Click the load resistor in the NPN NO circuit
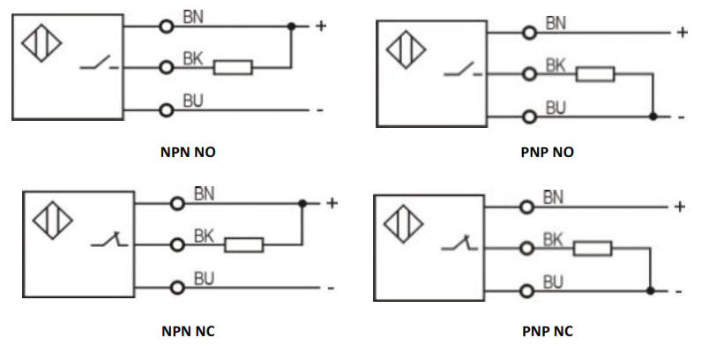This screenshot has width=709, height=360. click(234, 67)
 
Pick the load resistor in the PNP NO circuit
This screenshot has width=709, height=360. click(595, 74)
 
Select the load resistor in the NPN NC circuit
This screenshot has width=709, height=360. click(244, 244)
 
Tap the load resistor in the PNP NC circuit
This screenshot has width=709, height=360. click(593, 250)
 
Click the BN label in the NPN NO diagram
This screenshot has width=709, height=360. click(192, 17)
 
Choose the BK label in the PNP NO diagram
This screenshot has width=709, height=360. click(556, 64)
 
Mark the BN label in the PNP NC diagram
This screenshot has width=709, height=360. click(553, 198)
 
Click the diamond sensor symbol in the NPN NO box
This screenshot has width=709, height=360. click(36, 46)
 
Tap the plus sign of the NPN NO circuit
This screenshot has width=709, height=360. click(320, 26)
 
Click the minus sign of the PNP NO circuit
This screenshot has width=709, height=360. click(681, 116)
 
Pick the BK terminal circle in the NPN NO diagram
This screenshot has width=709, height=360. click(166, 67)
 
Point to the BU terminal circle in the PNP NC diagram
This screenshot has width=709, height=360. click(527, 290)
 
